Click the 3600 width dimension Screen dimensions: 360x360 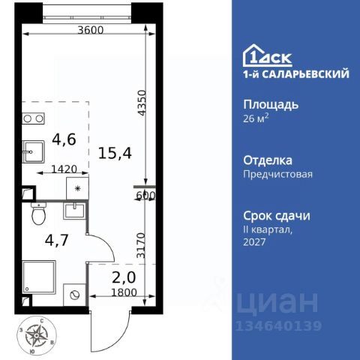90,30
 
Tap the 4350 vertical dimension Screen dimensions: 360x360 142,103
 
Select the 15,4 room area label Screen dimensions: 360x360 115,153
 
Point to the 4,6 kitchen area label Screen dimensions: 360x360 64,139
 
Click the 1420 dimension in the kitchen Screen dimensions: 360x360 64,169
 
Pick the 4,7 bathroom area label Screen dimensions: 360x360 56,240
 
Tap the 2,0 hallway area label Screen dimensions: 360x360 124,277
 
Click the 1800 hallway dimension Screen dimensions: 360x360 124,292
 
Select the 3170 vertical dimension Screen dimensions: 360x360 141,245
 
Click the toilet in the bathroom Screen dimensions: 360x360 39,213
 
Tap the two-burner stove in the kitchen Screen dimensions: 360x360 33,118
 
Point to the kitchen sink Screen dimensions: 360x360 33,151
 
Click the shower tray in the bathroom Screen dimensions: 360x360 39,277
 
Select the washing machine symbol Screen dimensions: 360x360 74,295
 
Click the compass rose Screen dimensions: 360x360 37,335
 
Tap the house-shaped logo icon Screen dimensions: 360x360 254,55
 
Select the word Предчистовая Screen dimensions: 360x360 277,174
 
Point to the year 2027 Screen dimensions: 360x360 254,241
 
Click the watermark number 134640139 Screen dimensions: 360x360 278,326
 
